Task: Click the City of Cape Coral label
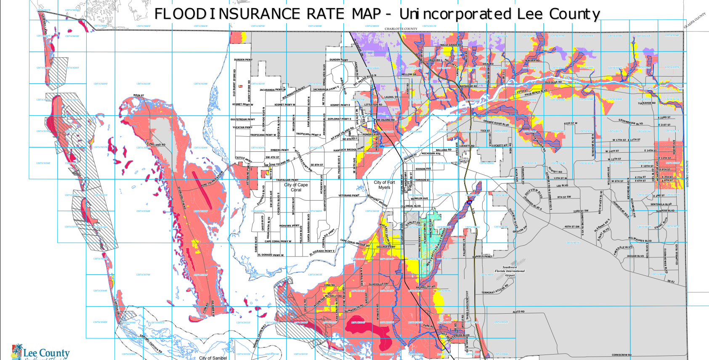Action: coord(296,187)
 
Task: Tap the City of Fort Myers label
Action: coord(384,185)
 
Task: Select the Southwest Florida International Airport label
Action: coord(510,271)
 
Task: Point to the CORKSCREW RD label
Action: coord(621,355)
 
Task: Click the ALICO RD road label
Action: coord(518,312)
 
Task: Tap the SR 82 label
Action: coord(671,281)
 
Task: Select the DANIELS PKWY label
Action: coord(482,256)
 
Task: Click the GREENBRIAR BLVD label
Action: coord(630,122)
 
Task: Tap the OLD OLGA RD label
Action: coord(553,82)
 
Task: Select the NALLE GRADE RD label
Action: coord(451,45)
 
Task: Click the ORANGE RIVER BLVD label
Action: coord(496,123)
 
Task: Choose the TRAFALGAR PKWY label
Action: coord(287,180)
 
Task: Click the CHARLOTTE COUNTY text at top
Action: coord(401,29)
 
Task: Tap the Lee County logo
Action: coord(40,352)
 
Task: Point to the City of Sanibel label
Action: coord(212,358)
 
